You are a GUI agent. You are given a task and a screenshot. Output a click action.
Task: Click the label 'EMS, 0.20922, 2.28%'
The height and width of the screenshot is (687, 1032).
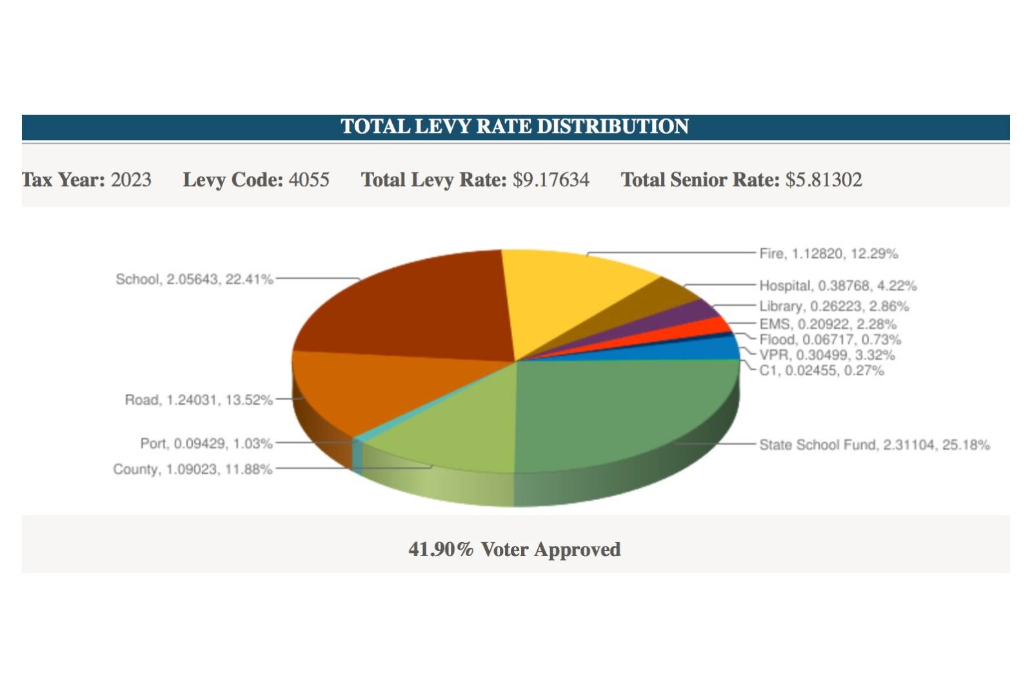[828, 324]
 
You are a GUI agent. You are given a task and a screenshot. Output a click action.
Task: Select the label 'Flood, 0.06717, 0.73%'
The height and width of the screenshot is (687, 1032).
[829, 340]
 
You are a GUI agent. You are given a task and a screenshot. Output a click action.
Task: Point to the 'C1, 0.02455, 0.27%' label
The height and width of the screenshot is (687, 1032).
[821, 371]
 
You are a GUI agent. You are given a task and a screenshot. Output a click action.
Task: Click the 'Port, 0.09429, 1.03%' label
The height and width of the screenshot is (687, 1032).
[206, 443]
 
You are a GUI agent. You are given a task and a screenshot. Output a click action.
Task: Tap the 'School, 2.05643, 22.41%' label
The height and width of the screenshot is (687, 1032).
[194, 279]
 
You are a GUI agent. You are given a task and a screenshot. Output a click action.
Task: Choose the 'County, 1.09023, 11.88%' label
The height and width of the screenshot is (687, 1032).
[192, 469]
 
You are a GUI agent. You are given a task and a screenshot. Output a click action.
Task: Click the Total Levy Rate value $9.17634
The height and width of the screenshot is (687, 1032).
[551, 179]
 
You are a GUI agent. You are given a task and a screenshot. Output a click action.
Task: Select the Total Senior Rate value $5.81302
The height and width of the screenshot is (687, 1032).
[823, 179]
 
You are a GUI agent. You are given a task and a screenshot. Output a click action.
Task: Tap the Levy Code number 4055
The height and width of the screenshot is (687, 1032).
[308, 179]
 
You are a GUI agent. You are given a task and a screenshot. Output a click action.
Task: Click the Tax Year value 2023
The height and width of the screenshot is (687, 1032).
[131, 179]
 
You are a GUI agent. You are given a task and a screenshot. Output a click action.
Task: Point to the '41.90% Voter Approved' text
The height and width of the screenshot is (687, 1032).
[515, 549]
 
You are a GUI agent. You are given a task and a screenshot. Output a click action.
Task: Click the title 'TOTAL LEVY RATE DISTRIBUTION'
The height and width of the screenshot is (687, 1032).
[515, 126]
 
